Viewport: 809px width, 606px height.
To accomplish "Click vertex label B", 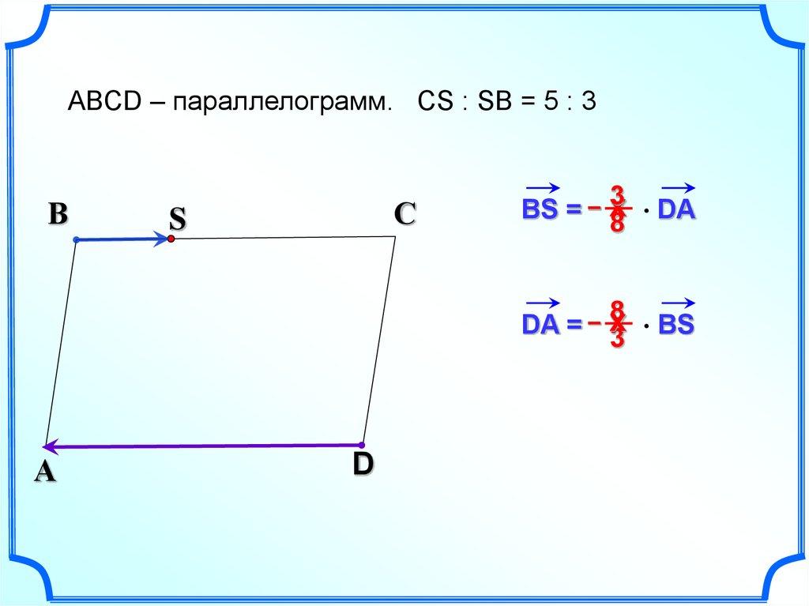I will [x=58, y=215].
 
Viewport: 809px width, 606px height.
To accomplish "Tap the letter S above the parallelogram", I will [x=176, y=220].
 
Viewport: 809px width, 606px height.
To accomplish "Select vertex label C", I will [x=404, y=214].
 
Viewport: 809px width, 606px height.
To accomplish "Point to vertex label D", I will [x=362, y=464].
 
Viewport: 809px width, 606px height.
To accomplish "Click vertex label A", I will [x=44, y=472].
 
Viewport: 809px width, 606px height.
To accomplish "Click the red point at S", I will [x=171, y=238].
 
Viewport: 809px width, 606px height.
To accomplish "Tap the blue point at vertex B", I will [x=76, y=239].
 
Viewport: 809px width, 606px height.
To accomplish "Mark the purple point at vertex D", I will [x=362, y=445].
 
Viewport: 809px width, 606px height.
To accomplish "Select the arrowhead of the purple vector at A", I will [x=49, y=447].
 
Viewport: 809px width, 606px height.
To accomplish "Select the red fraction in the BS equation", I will [x=617, y=209].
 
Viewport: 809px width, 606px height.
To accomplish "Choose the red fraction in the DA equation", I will [x=617, y=323].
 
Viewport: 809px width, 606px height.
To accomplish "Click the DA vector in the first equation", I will [x=676, y=209].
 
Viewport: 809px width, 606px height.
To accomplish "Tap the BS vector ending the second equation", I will [x=676, y=323].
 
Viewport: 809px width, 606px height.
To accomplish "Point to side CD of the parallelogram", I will [x=379, y=340].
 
